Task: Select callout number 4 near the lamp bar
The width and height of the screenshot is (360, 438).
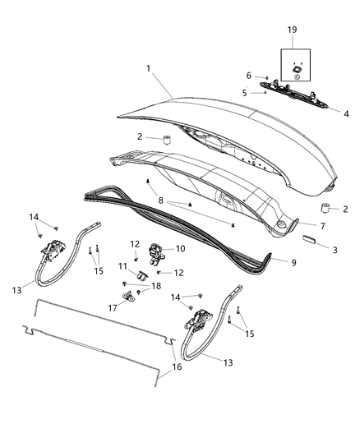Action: click(345, 113)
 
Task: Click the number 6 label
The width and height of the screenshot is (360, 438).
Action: click(249, 76)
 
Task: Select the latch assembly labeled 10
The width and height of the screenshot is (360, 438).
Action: click(159, 249)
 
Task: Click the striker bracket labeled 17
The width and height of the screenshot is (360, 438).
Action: click(129, 297)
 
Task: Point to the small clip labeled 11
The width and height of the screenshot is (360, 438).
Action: click(141, 274)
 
